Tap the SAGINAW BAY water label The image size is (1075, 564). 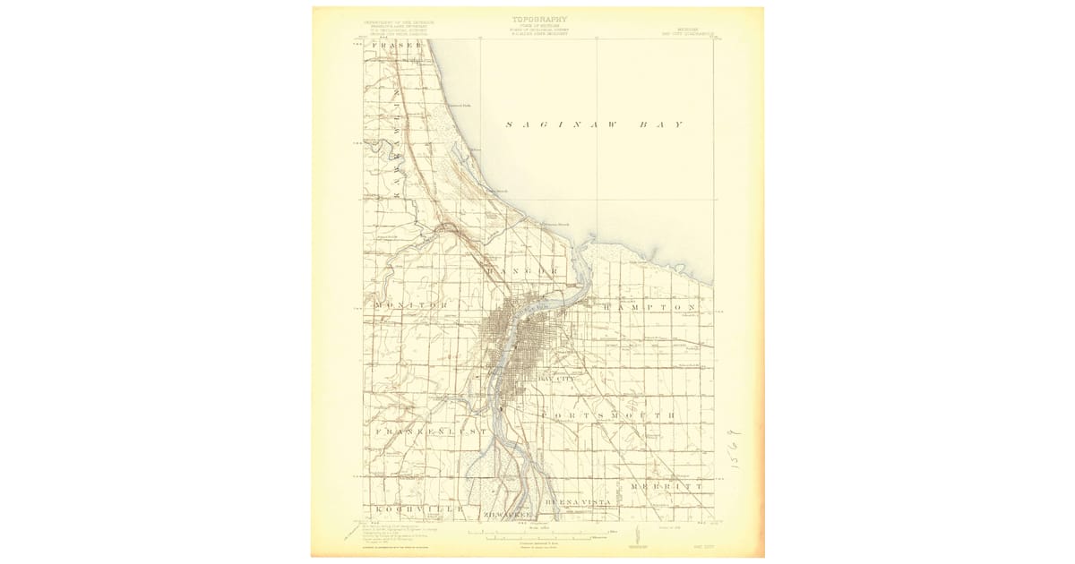point(594,124)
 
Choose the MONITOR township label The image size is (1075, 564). point(410,305)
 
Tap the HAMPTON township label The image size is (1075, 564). point(649,306)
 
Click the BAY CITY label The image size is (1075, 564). point(555,380)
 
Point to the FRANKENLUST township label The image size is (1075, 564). point(430,432)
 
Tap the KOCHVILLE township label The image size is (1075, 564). point(418,508)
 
